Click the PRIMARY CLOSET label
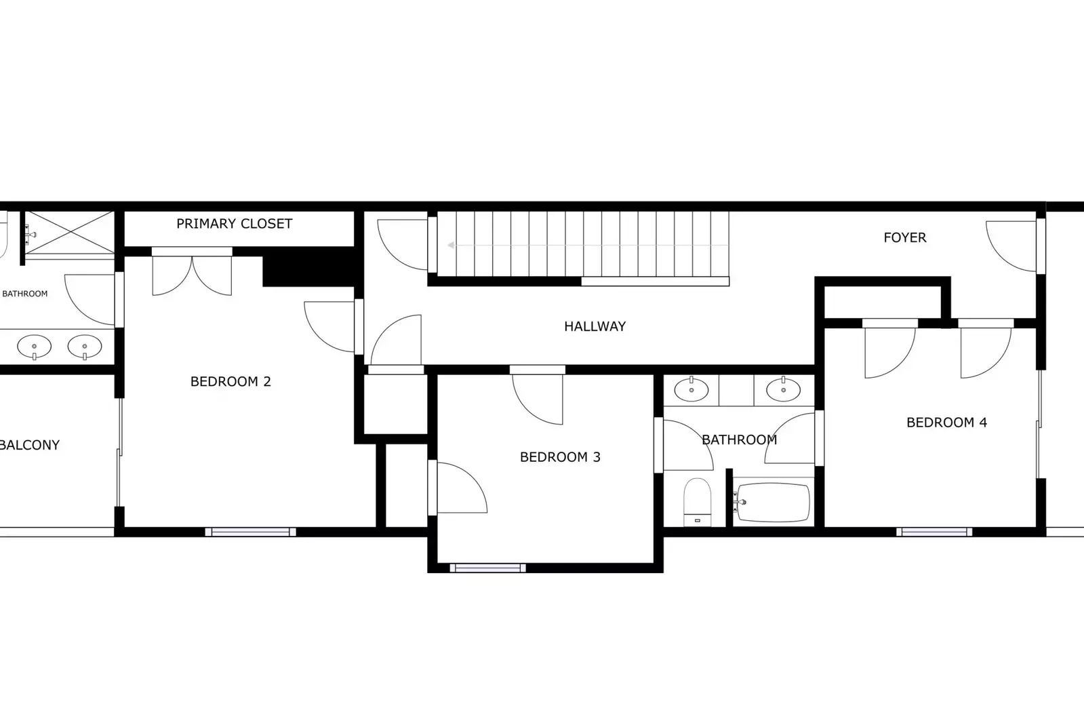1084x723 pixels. (x=234, y=224)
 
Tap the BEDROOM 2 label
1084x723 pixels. (x=230, y=382)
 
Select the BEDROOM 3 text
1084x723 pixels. (x=560, y=457)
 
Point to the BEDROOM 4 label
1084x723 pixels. (x=946, y=423)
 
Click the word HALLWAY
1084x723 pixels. (x=595, y=326)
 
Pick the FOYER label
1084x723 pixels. (x=904, y=237)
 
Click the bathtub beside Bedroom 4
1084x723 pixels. (x=773, y=503)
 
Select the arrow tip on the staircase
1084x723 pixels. (x=451, y=246)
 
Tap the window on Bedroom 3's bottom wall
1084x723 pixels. (x=487, y=568)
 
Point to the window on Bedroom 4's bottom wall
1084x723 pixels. (x=934, y=532)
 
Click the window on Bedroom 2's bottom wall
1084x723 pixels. (x=250, y=532)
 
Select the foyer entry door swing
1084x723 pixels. (x=1011, y=246)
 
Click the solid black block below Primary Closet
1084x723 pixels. (x=308, y=268)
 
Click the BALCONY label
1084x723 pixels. (x=30, y=445)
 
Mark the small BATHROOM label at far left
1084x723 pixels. (x=25, y=294)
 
